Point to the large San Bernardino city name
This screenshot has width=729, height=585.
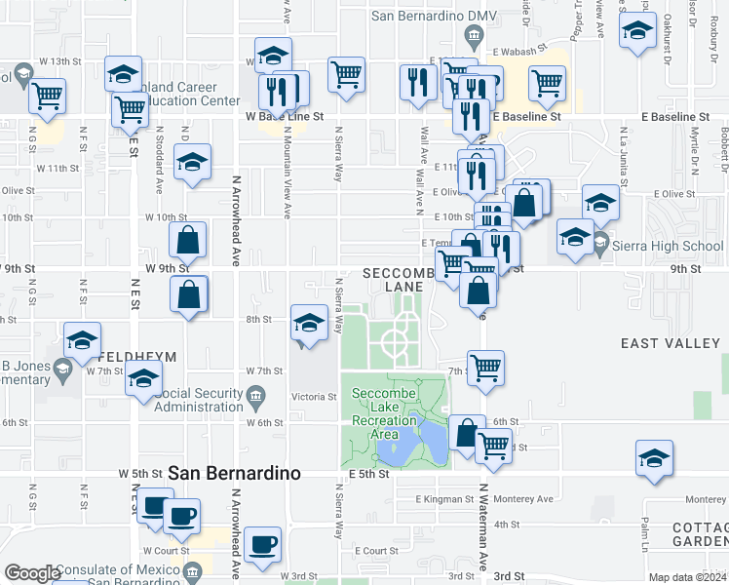234,472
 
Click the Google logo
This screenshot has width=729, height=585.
31,574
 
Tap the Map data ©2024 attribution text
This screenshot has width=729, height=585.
687,577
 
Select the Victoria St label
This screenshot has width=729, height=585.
314,397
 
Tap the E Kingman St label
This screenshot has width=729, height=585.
442,499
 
